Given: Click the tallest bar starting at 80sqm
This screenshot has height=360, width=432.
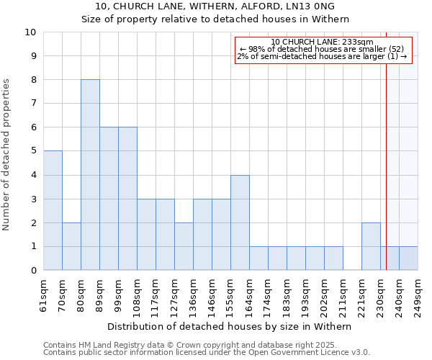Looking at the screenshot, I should (90, 175).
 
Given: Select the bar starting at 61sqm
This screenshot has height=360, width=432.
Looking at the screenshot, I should (53, 210).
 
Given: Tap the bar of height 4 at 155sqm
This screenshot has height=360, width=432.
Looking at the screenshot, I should (240, 222).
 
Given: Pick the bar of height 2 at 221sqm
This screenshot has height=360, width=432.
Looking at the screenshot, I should (371, 246).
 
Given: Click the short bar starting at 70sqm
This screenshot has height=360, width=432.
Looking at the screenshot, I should (71, 246).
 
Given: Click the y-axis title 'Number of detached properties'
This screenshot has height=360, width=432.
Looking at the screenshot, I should (7, 155).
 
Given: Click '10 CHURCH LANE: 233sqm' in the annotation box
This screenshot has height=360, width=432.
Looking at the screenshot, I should (322, 42).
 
